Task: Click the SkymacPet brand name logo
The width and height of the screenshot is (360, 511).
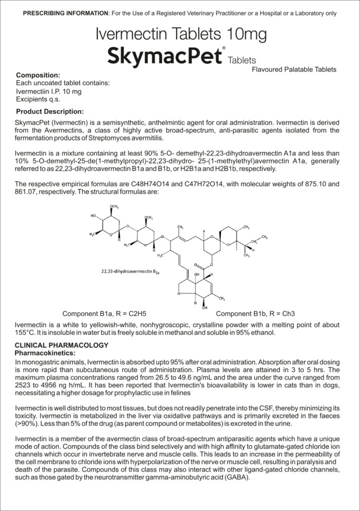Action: click(x=165, y=55)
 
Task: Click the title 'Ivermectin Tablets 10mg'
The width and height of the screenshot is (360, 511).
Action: click(x=181, y=34)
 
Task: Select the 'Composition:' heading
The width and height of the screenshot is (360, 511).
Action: click(x=38, y=75)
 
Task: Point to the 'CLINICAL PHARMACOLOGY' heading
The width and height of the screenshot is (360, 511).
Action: click(x=61, y=345)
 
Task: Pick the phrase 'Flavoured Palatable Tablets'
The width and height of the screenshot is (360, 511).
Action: click(x=294, y=69)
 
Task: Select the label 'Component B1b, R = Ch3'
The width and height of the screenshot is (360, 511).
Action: click(x=255, y=314)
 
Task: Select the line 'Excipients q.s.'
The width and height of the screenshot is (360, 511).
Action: click(x=38, y=99)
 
